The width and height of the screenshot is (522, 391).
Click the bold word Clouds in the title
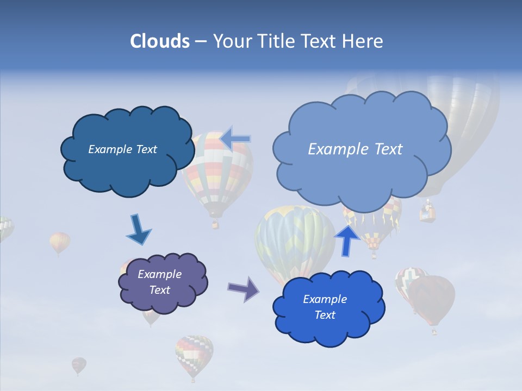coord(159,41)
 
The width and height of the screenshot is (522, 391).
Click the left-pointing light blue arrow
coord(235,138)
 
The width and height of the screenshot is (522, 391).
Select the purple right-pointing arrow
coord(244,288)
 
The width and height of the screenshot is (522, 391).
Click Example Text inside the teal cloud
coord(122,149)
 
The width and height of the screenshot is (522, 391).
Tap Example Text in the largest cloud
coord(355,149)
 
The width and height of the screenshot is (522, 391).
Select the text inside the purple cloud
coord(159,282)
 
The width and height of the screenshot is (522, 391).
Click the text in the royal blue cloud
coord(325,307)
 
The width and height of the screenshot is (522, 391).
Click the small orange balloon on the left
coord(60,242)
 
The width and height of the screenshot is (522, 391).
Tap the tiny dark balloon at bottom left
coord(78,365)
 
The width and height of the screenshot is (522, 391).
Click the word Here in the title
coord(364,41)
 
